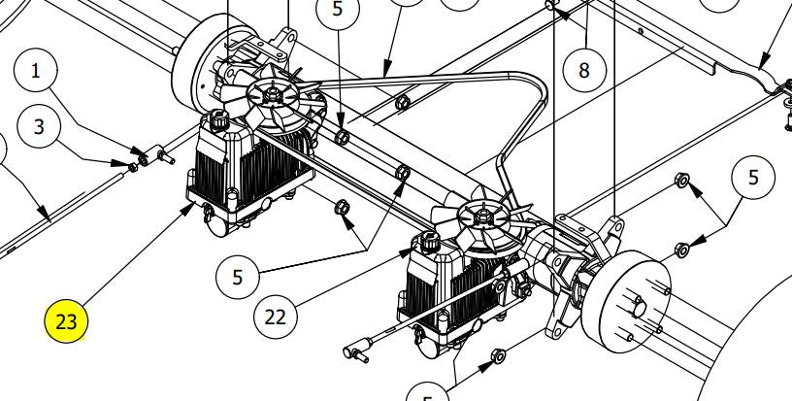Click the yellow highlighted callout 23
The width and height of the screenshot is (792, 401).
[x=65, y=319]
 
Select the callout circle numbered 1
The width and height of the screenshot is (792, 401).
[x=37, y=70]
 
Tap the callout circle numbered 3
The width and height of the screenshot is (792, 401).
[x=38, y=126]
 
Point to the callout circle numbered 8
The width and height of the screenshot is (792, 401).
[x=583, y=70]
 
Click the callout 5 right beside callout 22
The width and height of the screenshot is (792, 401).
[x=238, y=277]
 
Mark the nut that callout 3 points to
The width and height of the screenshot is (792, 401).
[x=134, y=166]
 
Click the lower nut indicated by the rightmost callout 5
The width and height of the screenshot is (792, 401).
[x=681, y=250]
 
